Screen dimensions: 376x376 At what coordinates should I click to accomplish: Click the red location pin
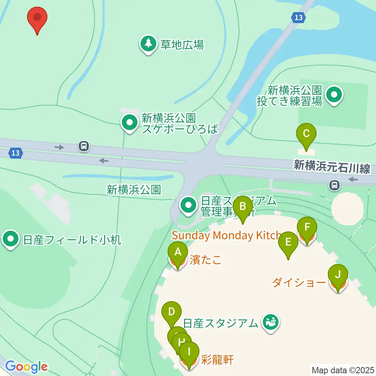(x=37, y=18)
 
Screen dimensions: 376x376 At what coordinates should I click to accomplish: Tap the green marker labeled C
(x=306, y=134)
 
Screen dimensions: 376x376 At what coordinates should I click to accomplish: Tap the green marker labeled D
(x=171, y=312)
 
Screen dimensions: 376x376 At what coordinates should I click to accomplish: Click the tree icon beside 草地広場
(x=148, y=44)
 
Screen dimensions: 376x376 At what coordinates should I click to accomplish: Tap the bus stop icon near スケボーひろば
(x=83, y=146)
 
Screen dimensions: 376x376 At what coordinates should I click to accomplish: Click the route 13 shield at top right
(x=298, y=17)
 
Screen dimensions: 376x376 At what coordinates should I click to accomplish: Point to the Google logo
(x=26, y=367)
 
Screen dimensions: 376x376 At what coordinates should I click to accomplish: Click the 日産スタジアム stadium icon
(x=270, y=323)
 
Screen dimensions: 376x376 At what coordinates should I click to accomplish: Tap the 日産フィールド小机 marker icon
(x=10, y=239)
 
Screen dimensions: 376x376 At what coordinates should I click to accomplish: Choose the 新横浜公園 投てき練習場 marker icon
(x=334, y=95)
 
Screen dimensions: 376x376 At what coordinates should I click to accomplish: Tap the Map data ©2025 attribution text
(x=343, y=369)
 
